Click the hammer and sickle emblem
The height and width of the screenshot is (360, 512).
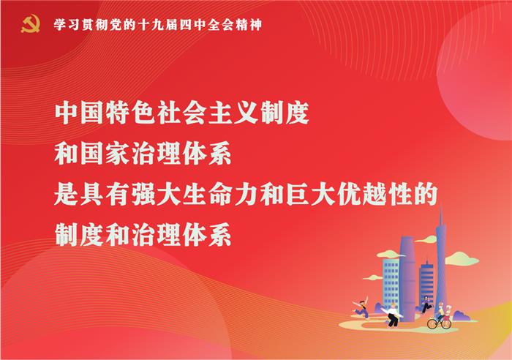click(x=31, y=24)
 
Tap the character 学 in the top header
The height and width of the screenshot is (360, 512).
click(x=60, y=25)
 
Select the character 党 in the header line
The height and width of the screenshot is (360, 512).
click(x=116, y=25)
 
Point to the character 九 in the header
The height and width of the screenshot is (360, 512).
click(x=157, y=25)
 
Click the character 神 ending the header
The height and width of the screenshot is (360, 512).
click(x=255, y=25)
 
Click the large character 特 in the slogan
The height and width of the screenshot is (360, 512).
click(x=118, y=113)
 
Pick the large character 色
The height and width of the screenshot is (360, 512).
click(x=144, y=113)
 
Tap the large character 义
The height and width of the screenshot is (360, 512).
click(x=246, y=113)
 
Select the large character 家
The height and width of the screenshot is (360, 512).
click(x=118, y=154)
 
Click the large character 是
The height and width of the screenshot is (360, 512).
click(x=67, y=195)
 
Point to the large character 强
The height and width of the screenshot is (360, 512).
click(x=144, y=195)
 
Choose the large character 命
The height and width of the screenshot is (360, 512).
click(x=220, y=195)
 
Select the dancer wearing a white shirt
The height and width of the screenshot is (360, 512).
click(x=394, y=315)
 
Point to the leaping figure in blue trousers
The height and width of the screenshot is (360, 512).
click(x=361, y=308)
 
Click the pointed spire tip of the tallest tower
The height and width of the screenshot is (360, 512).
click(x=441, y=205)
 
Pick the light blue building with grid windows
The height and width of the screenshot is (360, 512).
click(x=391, y=283)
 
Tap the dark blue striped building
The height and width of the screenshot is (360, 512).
click(x=426, y=282)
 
